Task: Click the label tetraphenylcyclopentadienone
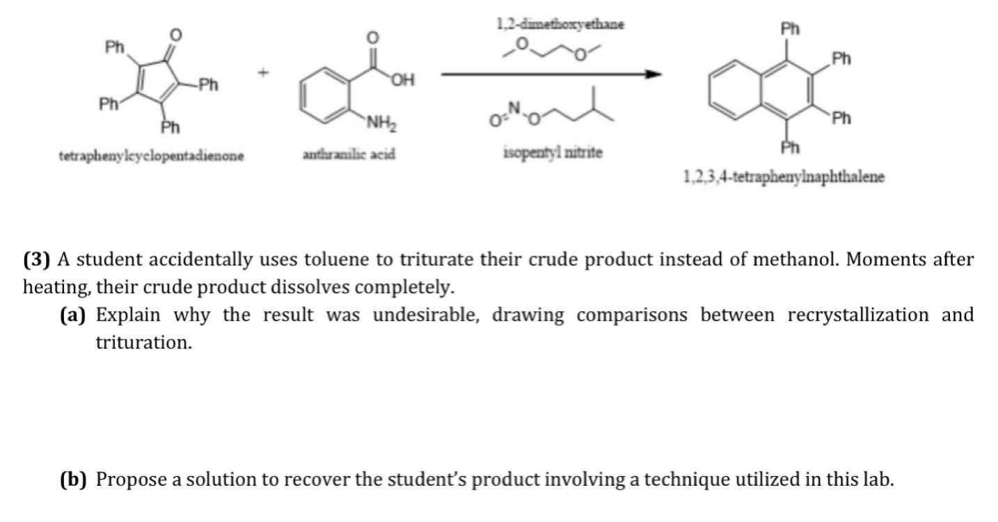pos(151,157)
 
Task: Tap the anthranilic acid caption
pos(349,154)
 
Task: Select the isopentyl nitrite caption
pos(552,152)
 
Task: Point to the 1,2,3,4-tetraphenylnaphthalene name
pos(784,177)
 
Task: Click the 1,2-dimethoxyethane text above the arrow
pos(560,24)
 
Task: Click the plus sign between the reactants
pos(264,72)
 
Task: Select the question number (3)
pos(38,260)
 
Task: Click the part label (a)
pos(73,315)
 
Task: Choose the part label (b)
pos(73,480)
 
